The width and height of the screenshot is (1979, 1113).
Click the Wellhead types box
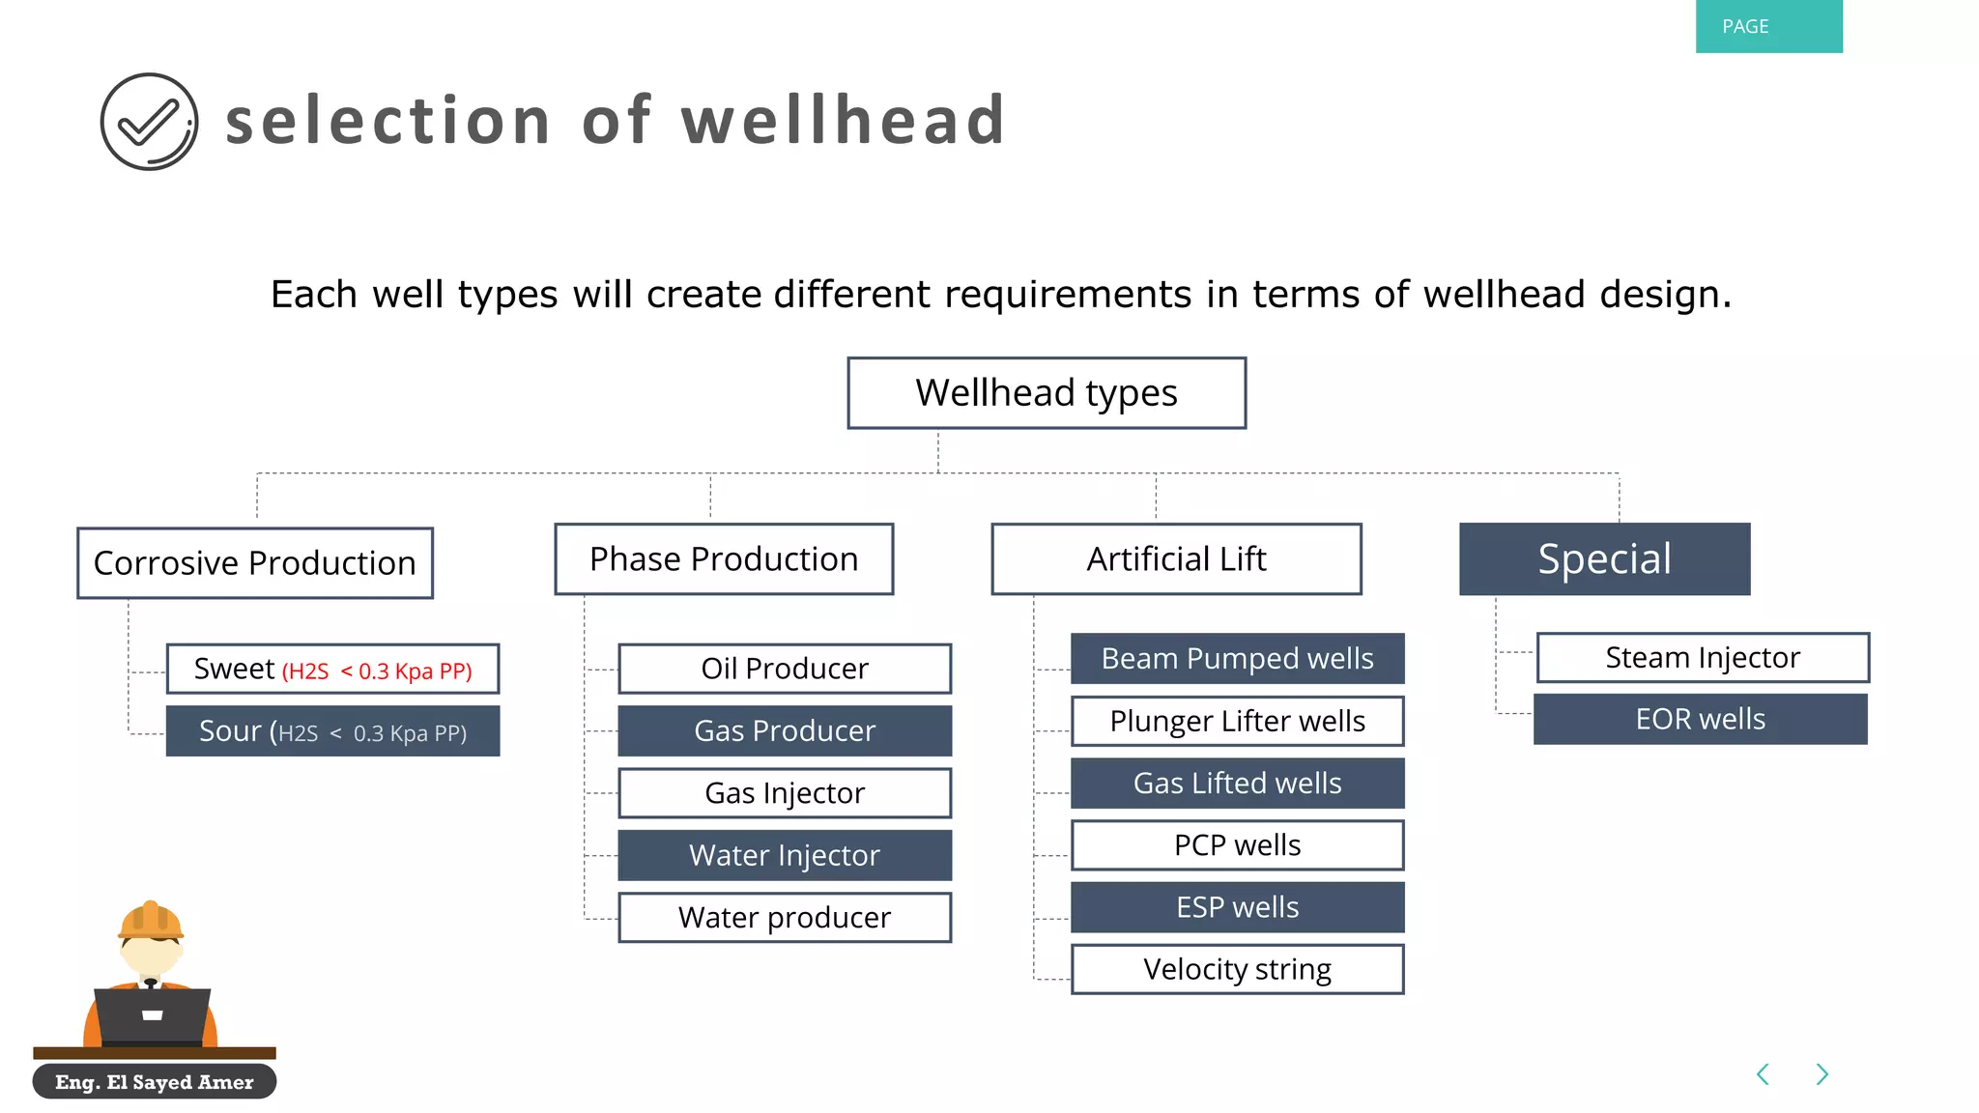pyautogui.click(x=1047, y=393)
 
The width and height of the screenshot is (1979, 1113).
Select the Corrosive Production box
pyautogui.click(x=255, y=563)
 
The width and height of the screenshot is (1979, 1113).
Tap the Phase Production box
pyautogui.click(x=724, y=559)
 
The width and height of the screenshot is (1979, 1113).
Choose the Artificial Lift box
pyautogui.click(x=1176, y=559)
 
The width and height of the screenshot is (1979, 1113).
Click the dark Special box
pyautogui.click(x=1604, y=559)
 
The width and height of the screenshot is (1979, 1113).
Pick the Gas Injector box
pyautogui.click(x=785, y=793)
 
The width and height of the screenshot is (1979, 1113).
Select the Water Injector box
pyautogui.click(x=785, y=855)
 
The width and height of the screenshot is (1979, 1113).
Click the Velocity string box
pyautogui.click(x=1237, y=969)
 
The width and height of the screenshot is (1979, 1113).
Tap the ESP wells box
pyautogui.click(x=1237, y=907)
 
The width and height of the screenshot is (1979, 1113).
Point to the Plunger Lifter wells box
pyautogui.click(x=1237, y=721)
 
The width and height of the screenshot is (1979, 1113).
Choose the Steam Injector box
pyautogui.click(x=1703, y=658)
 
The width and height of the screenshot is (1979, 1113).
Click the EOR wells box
pyautogui.click(x=1700, y=720)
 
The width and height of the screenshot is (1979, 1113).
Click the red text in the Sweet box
pyautogui.click(x=377, y=671)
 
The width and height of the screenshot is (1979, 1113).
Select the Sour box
pyautogui.click(x=332, y=731)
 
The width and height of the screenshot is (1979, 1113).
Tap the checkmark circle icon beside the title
pyautogui.click(x=149, y=122)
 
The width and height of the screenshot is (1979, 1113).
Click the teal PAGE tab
pyautogui.click(x=1768, y=26)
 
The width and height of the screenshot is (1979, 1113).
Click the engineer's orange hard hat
pyautogui.click(x=151, y=920)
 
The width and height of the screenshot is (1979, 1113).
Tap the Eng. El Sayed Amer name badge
pyautogui.click(x=155, y=1082)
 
